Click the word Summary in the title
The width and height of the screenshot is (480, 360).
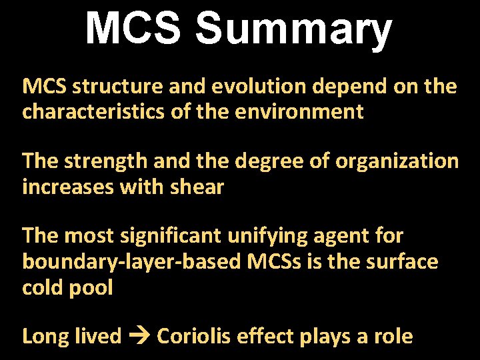(x=293, y=29)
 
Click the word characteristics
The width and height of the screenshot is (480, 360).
(x=93, y=111)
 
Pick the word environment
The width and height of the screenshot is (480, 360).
(x=299, y=111)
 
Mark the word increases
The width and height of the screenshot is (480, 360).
(x=67, y=187)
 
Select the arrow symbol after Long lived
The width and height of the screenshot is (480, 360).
(x=139, y=337)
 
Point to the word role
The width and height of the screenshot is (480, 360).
(x=393, y=336)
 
